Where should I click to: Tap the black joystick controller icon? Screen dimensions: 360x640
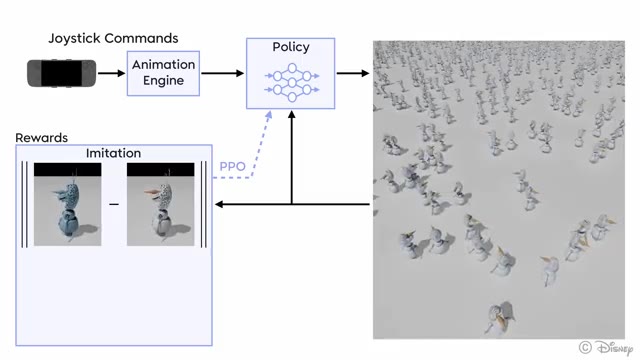point(62,73)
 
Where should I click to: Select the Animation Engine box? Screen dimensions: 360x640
point(164,72)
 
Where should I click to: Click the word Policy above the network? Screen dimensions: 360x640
point(291,47)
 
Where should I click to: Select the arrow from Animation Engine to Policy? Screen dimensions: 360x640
point(223,73)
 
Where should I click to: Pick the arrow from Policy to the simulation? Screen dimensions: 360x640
point(352,73)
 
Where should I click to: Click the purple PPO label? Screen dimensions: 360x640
point(232,166)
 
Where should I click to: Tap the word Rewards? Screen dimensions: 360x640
point(41,136)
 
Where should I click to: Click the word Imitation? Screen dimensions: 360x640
point(113,153)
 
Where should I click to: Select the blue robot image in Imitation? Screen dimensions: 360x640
point(68,205)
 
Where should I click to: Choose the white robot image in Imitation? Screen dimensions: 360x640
point(160,205)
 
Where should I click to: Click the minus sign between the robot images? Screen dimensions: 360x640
point(114,205)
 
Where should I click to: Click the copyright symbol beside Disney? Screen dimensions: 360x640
point(584,347)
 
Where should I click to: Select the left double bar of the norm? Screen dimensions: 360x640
point(24,205)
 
